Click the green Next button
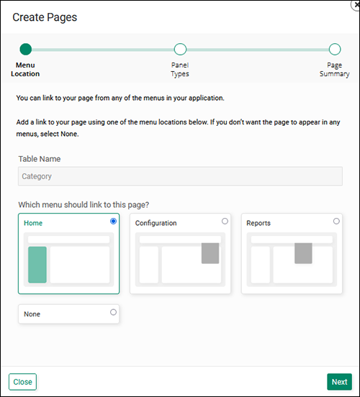click(339, 382)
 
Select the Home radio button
click(113, 222)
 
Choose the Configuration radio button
click(225, 221)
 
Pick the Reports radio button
click(336, 221)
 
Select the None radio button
click(113, 312)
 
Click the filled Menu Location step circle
click(26, 50)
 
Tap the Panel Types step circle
click(180, 50)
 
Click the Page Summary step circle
click(334, 50)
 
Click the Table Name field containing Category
click(180, 175)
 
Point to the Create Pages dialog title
click(45, 17)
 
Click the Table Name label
click(40, 158)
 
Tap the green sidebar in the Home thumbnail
click(37, 264)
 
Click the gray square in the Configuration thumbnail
click(210, 253)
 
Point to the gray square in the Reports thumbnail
click(303, 253)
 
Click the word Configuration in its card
click(156, 223)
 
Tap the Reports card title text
click(258, 223)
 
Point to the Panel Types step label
click(180, 69)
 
